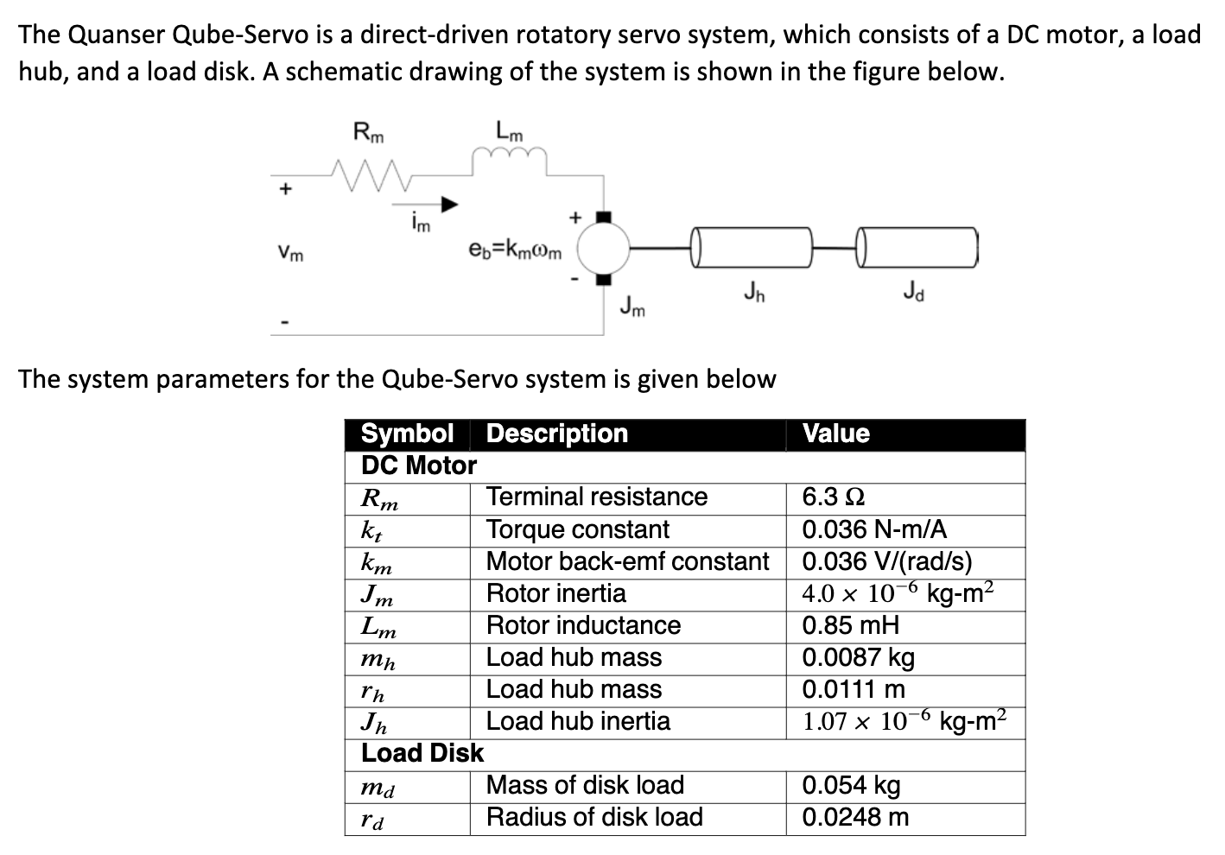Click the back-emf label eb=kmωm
coord(515,251)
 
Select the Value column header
coord(836,434)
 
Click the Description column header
coord(557,434)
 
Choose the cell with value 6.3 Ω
coord(835,497)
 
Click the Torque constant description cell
coord(578,529)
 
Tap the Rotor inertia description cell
coord(556,593)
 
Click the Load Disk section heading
coord(422,753)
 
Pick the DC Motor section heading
coord(419,465)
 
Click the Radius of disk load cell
coord(594,817)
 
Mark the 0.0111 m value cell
coord(854,689)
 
